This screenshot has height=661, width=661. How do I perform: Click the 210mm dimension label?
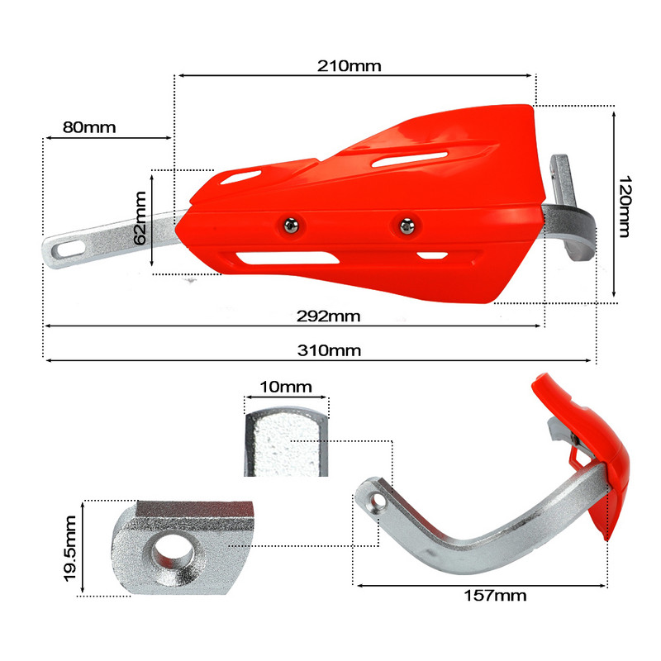point(349,66)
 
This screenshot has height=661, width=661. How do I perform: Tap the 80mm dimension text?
point(88,127)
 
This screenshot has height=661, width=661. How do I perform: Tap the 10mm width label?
point(284,387)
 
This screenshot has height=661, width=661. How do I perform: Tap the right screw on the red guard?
point(405,224)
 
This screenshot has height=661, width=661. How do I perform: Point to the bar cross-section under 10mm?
point(286,444)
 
